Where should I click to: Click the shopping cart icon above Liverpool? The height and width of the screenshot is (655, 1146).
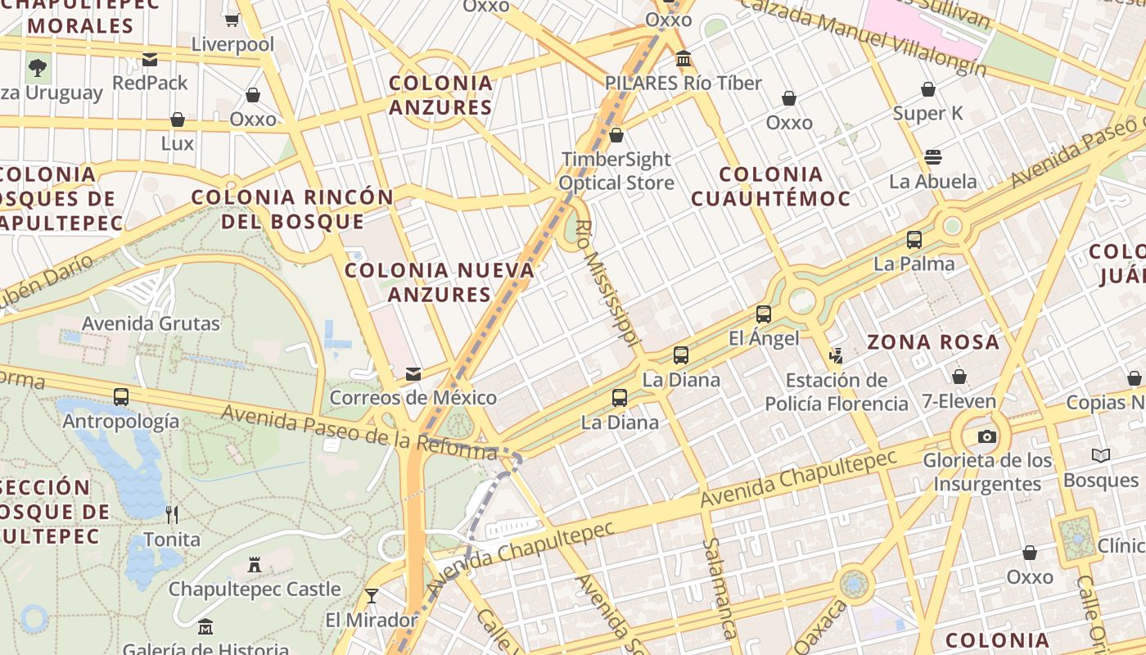pyautogui.click(x=232, y=19)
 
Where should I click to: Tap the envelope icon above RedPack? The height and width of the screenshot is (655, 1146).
pyautogui.click(x=150, y=59)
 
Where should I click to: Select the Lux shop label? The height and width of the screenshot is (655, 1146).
pyautogui.click(x=178, y=143)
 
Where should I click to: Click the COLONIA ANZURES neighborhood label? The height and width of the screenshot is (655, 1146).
pyautogui.click(x=441, y=95)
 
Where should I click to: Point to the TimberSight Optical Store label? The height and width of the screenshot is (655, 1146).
pyautogui.click(x=616, y=170)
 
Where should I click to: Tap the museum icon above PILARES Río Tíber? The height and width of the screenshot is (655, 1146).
pyautogui.click(x=684, y=59)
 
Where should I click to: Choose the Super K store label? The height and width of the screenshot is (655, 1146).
pyautogui.click(x=928, y=113)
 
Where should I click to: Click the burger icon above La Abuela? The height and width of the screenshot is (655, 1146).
pyautogui.click(x=933, y=156)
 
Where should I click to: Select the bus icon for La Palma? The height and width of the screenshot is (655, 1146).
pyautogui.click(x=914, y=240)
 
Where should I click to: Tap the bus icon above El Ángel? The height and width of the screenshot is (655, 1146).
pyautogui.click(x=764, y=314)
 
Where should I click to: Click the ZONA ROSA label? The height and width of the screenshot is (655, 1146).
pyautogui.click(x=933, y=342)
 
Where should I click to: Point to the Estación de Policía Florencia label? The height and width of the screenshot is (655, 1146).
pyautogui.click(x=837, y=391)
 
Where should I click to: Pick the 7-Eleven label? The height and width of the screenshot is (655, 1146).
pyautogui.click(x=959, y=401)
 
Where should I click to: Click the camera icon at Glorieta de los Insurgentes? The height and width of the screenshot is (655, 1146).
pyautogui.click(x=987, y=436)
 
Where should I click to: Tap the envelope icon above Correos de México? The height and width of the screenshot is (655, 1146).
pyautogui.click(x=413, y=374)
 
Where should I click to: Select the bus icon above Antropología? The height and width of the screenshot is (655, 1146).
pyautogui.click(x=121, y=397)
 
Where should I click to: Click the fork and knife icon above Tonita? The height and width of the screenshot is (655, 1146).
pyautogui.click(x=172, y=514)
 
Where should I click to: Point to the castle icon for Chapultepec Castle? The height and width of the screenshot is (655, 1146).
pyautogui.click(x=255, y=565)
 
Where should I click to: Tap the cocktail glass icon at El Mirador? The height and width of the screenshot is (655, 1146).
pyautogui.click(x=372, y=595)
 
